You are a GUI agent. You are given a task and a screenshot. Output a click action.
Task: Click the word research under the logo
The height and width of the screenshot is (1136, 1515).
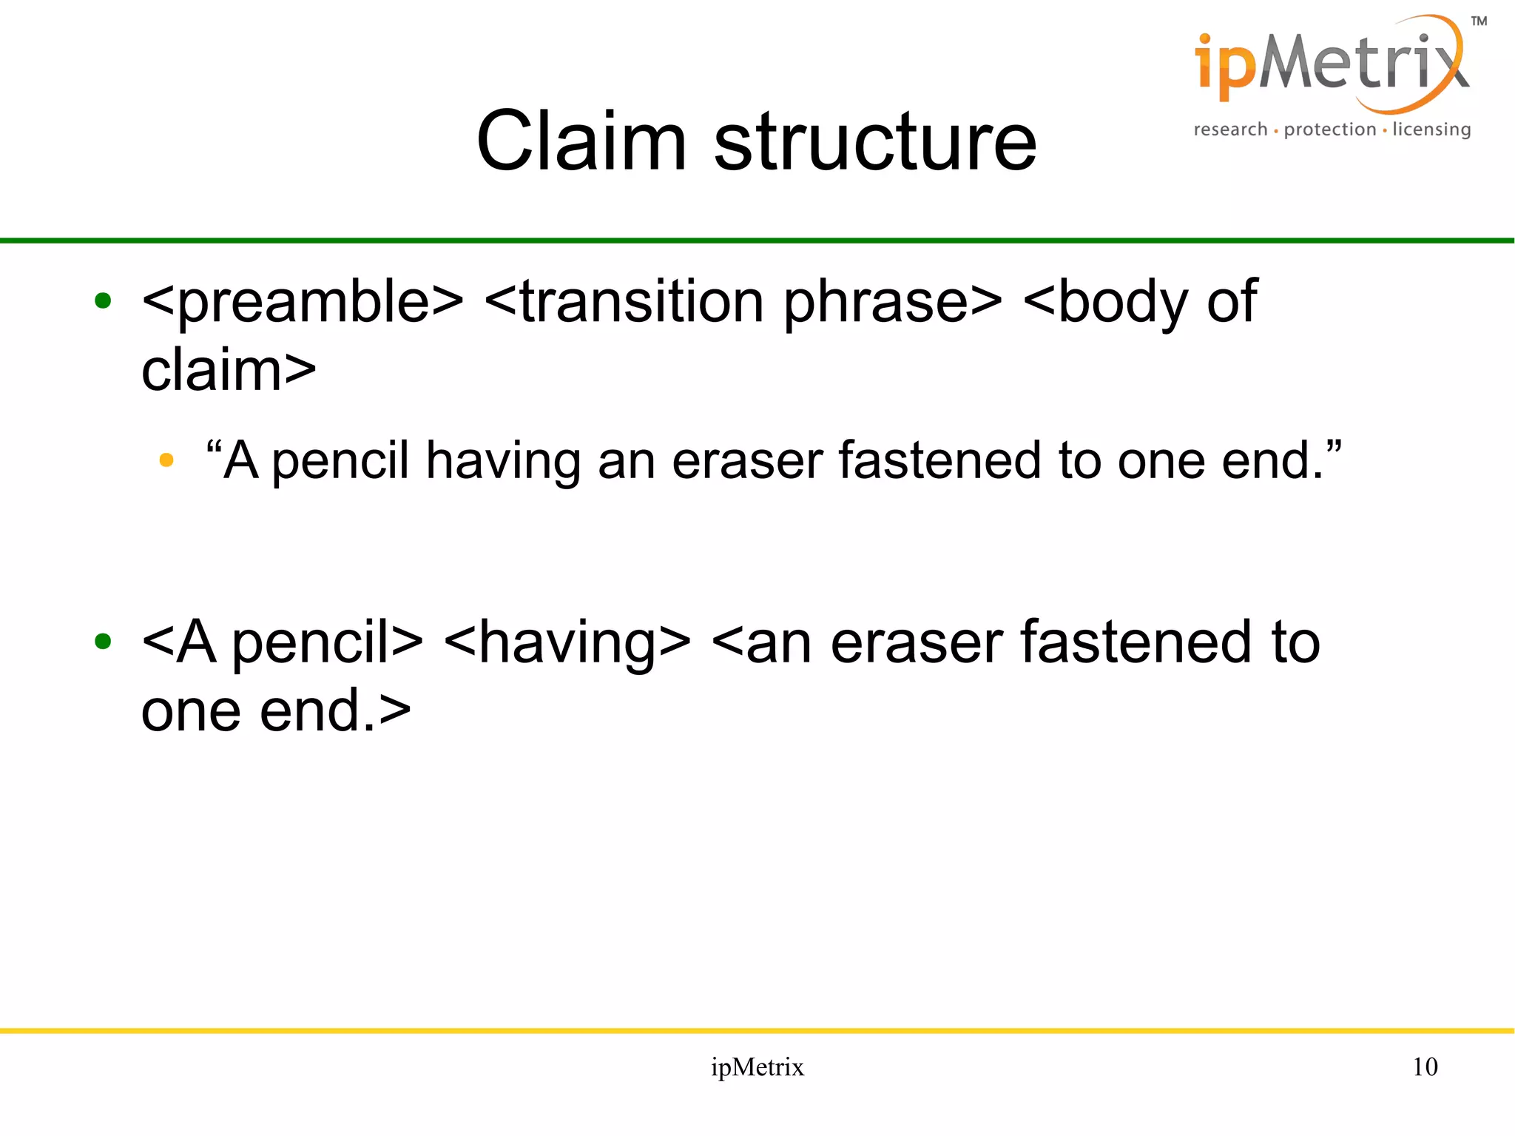[x=1230, y=130]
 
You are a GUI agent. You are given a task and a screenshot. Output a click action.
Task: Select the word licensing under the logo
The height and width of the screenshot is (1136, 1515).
[x=1431, y=130]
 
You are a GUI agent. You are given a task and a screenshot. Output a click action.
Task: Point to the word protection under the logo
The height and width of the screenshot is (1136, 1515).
[x=1329, y=130]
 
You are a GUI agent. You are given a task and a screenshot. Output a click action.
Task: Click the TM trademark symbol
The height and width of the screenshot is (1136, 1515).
[x=1478, y=21]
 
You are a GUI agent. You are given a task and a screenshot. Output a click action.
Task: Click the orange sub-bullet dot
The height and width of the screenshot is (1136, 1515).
[x=166, y=460]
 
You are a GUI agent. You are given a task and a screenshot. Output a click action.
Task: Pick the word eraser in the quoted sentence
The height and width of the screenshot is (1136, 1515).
[x=747, y=460]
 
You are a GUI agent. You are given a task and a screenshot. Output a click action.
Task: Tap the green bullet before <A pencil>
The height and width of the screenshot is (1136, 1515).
[x=103, y=642]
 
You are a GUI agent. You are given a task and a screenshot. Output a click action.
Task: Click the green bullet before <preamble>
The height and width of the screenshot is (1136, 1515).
[x=103, y=301]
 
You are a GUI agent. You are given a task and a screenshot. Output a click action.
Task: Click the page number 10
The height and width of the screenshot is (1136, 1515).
[x=1425, y=1066]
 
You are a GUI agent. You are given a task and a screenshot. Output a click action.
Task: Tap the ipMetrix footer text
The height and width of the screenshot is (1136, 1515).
[x=757, y=1067]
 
